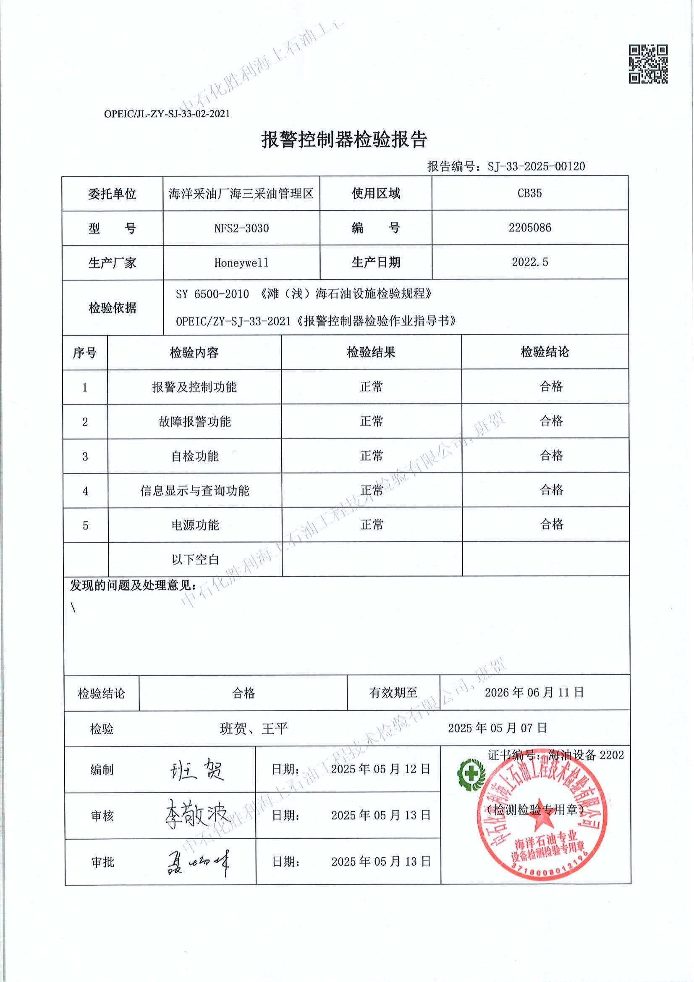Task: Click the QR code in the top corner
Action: tap(647, 64)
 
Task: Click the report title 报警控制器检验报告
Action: tap(344, 139)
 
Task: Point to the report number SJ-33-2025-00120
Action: tap(536, 166)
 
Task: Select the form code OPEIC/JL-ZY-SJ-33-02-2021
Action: tap(167, 114)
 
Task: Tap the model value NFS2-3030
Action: tap(241, 228)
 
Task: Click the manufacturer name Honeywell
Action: tap(241, 263)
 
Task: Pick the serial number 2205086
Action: tap(530, 228)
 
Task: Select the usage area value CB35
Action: tap(530, 193)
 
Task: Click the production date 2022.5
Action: tap(530, 262)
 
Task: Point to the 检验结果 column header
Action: tap(371, 352)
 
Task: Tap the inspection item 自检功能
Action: tap(195, 456)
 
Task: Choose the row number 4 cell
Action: tap(85, 491)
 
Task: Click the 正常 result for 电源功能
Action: tap(372, 524)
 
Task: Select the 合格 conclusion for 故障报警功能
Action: tap(551, 421)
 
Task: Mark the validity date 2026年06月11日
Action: tap(534, 693)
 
